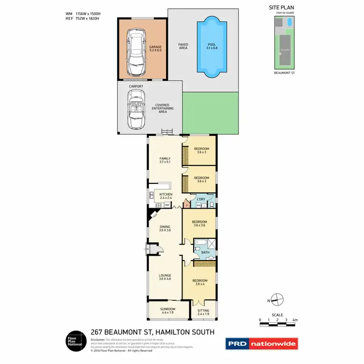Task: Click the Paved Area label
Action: [182, 47]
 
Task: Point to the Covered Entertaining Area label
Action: [163, 108]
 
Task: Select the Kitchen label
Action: [166, 196]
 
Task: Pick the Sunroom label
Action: [167, 310]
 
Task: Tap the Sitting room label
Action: [203, 312]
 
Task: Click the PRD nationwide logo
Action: [262, 344]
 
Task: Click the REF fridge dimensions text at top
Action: [82, 18]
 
